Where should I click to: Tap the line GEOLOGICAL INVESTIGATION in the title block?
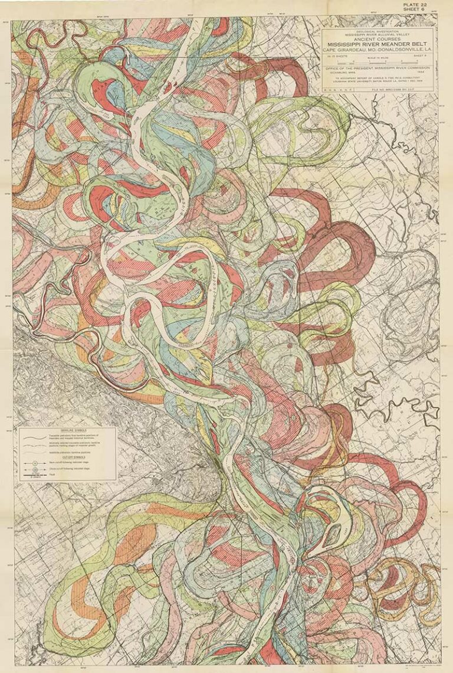[378, 31]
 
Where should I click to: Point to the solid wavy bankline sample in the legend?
[35, 438]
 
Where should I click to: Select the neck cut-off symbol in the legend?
[35, 463]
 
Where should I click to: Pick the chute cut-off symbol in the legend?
[35, 471]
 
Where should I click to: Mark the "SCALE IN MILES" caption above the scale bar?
[378, 57]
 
